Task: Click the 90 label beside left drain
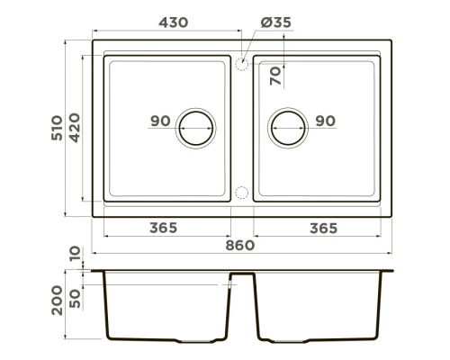[161, 121]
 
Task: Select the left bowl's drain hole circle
[197, 128]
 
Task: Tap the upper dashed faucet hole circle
[242, 65]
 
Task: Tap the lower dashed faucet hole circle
[242, 192]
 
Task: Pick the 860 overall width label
[241, 245]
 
